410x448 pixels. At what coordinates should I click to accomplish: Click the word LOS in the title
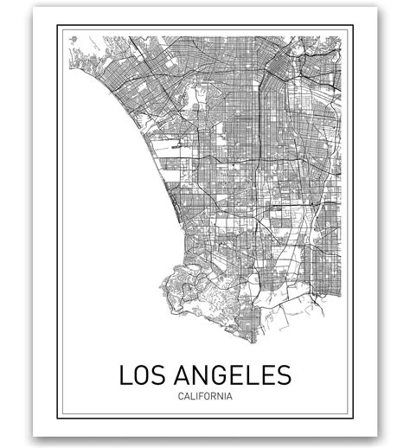141,376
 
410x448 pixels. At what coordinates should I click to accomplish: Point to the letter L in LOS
125,376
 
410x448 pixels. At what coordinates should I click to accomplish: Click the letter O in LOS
141,376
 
